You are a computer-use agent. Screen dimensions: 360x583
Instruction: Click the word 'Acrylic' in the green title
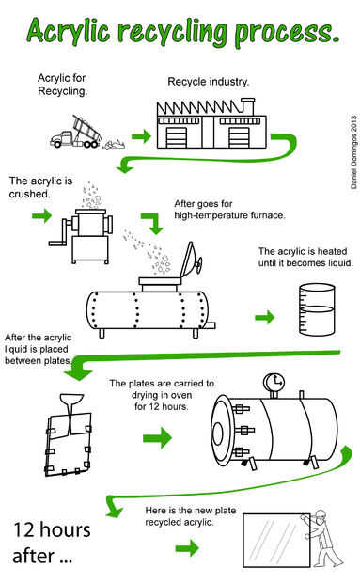[x=69, y=31]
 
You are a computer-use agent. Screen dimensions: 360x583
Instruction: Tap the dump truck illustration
[x=76, y=133]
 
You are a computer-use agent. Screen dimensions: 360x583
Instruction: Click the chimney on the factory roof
[x=247, y=106]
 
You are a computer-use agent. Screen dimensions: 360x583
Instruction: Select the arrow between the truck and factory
[x=142, y=136]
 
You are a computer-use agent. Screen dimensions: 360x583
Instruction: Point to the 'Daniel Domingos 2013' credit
[x=353, y=151]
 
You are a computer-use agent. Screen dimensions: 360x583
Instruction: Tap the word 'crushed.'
[x=29, y=194]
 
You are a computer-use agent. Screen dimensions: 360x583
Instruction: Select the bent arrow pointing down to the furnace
[x=153, y=223]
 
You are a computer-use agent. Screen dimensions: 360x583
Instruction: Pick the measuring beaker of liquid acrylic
[x=317, y=309]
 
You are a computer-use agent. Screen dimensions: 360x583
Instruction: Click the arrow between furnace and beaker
[x=265, y=317]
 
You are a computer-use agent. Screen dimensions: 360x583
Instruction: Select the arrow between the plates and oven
[x=158, y=437]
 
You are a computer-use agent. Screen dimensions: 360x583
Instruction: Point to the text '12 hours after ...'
[x=52, y=543]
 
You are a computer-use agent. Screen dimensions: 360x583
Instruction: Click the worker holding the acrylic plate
[x=322, y=539]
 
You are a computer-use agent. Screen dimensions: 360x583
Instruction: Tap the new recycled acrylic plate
[x=276, y=541]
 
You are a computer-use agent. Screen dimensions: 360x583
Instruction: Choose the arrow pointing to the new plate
[x=187, y=547]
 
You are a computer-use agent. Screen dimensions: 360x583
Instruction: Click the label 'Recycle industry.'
[x=208, y=82]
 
